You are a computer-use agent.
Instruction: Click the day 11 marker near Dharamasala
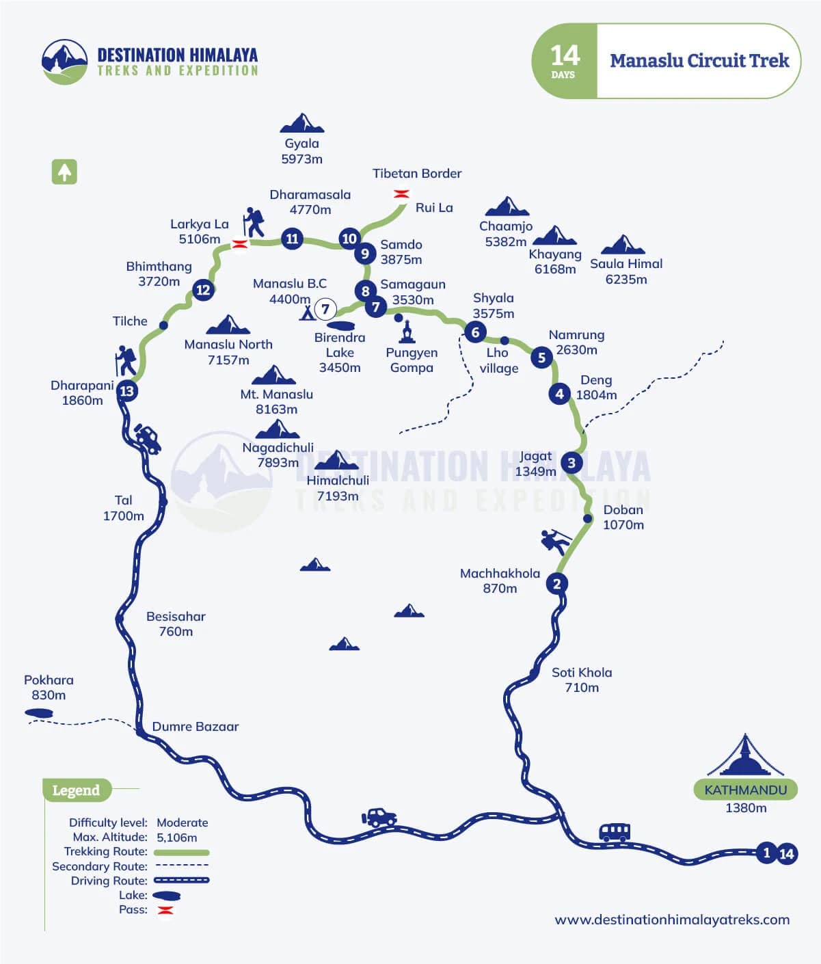[293, 239]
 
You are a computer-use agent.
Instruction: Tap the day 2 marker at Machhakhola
[557, 583]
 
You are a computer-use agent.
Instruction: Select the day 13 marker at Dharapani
[127, 391]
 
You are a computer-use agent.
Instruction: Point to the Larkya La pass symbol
[240, 244]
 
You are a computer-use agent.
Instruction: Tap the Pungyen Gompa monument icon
[407, 332]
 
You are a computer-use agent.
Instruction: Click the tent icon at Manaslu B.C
[307, 312]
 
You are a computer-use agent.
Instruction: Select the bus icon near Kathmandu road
[615, 831]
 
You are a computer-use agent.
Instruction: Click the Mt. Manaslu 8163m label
[276, 401]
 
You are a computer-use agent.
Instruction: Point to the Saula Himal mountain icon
[623, 245]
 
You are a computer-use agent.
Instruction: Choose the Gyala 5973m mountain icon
[301, 123]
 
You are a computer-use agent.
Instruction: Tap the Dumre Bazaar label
[196, 726]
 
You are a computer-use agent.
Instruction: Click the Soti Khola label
[582, 680]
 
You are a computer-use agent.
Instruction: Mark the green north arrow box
[64, 172]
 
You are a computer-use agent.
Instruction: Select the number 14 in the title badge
[565, 56]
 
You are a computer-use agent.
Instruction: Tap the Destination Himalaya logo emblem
[65, 61]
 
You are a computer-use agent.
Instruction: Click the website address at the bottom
[672, 920]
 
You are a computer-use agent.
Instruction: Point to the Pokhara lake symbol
[38, 713]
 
